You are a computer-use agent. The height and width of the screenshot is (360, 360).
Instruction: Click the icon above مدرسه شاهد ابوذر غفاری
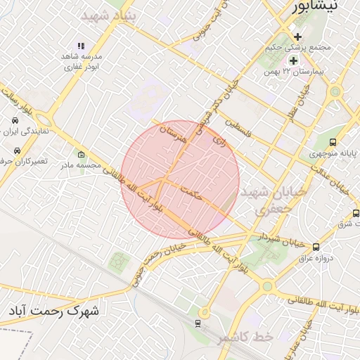[82, 46]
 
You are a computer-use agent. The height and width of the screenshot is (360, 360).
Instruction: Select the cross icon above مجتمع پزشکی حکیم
[297, 37]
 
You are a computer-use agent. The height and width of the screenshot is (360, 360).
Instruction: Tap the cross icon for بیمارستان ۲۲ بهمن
[294, 61]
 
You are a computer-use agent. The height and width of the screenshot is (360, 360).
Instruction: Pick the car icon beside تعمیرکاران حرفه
[16, 150]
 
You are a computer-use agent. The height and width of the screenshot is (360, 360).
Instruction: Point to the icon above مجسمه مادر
[82, 155]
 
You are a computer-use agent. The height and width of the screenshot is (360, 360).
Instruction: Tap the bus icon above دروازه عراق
[316, 247]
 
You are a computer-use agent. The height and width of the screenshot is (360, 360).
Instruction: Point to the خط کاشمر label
[244, 339]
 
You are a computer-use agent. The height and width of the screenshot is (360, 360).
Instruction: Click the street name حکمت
[191, 193]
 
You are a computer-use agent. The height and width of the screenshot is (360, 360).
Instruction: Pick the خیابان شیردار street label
[276, 239]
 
